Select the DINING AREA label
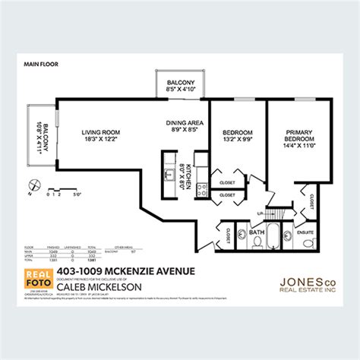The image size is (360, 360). (x=185, y=122)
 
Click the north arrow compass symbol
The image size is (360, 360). (x=32, y=183)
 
